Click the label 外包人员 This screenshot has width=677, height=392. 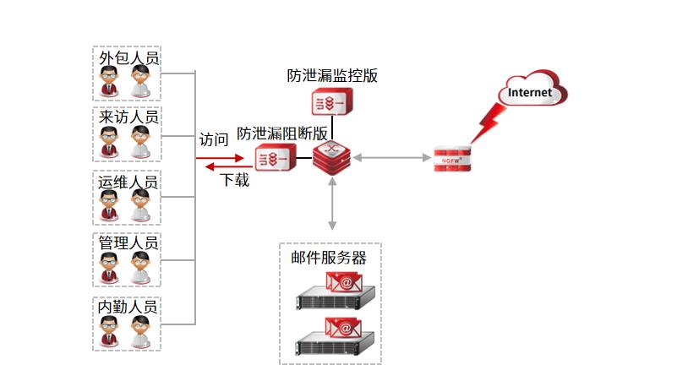pos(128,57)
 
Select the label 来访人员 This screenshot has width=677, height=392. pos(128,117)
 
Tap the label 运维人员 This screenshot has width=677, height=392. pos(128,182)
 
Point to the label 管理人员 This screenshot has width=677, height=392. pos(128,243)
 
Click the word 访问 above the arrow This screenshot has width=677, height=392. pos(213,139)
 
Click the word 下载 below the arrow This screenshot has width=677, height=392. pos(234,179)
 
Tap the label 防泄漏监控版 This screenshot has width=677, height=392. pos(332,75)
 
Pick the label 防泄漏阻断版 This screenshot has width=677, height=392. pos(282,133)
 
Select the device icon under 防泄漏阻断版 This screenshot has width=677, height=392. pos(276,158)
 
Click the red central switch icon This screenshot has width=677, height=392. pos(331,158)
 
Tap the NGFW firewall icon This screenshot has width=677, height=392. pos(451,158)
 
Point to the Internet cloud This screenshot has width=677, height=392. pos(530,91)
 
